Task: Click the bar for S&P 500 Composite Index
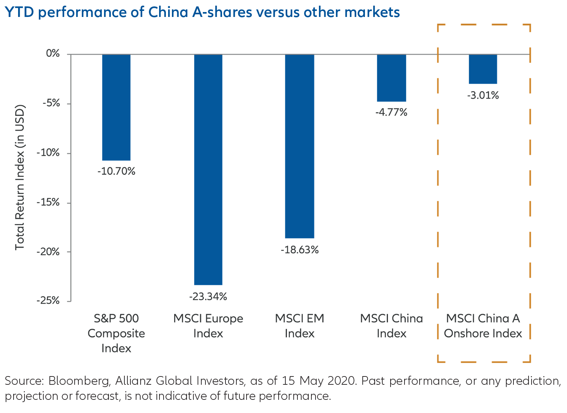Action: [116, 107]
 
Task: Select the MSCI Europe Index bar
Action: [208, 169]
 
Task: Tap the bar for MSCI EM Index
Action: [300, 146]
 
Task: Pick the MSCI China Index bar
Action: [391, 78]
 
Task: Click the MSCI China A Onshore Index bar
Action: [483, 69]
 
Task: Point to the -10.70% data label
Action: [116, 172]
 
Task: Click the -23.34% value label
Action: [208, 297]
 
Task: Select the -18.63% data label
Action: [300, 250]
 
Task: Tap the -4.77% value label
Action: [391, 112]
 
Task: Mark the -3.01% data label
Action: [483, 96]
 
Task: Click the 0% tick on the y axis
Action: [53, 54]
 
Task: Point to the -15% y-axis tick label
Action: [48, 203]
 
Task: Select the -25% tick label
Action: [48, 301]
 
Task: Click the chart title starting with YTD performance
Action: [202, 12]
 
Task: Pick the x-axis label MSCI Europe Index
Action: [208, 326]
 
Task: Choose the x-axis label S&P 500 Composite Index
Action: [116, 333]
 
